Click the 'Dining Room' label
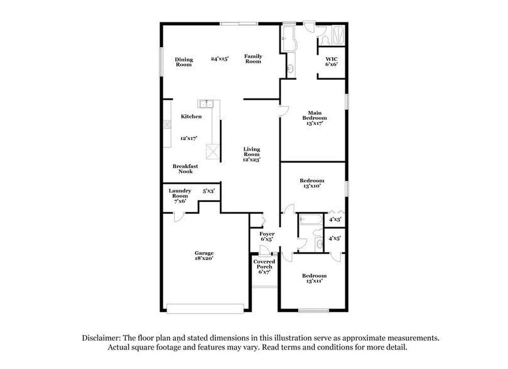click(x=184, y=62)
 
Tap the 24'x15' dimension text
click(x=219, y=58)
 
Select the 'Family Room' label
click(x=253, y=58)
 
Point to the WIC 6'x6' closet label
click(x=331, y=62)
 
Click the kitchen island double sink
click(x=206, y=104)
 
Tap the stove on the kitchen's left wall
click(x=167, y=125)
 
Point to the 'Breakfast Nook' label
click(x=185, y=169)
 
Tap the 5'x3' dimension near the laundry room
click(x=208, y=191)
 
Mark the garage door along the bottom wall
click(x=205, y=308)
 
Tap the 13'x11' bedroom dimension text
click(x=314, y=281)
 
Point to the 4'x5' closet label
click(x=335, y=238)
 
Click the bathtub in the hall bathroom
click(x=310, y=220)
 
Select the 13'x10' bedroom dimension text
click(x=311, y=186)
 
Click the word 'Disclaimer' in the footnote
click(x=102, y=338)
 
